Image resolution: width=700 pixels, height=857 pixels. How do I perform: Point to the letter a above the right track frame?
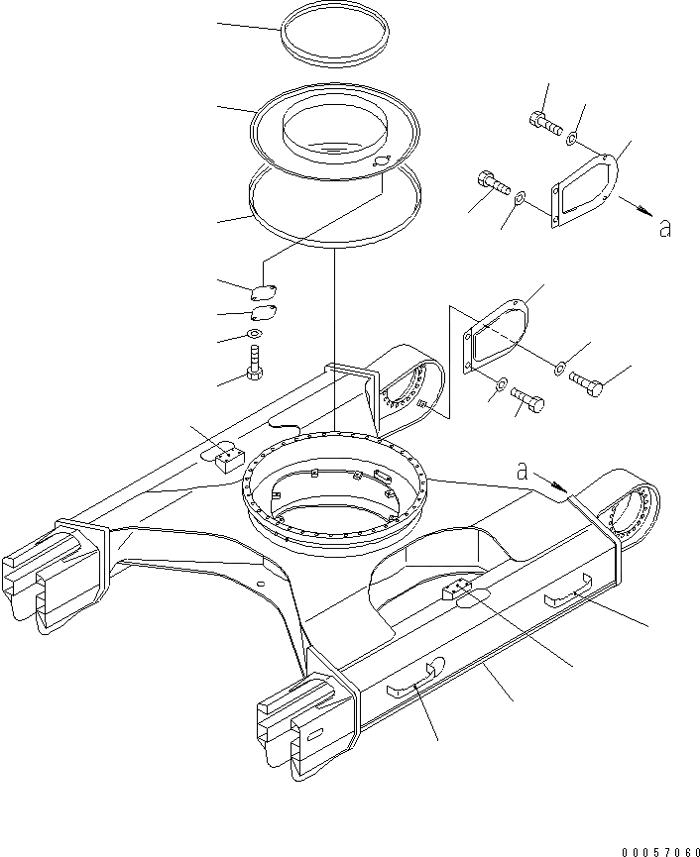[x=522, y=473]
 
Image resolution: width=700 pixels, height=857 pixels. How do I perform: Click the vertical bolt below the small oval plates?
[x=255, y=364]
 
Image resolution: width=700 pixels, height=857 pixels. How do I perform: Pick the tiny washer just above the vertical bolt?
[x=256, y=335]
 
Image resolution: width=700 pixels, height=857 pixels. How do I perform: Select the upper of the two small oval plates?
[x=263, y=292]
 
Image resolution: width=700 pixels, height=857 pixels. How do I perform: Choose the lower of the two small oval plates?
[x=263, y=314]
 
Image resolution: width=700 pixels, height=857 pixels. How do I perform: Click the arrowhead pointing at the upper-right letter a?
[x=646, y=212]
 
